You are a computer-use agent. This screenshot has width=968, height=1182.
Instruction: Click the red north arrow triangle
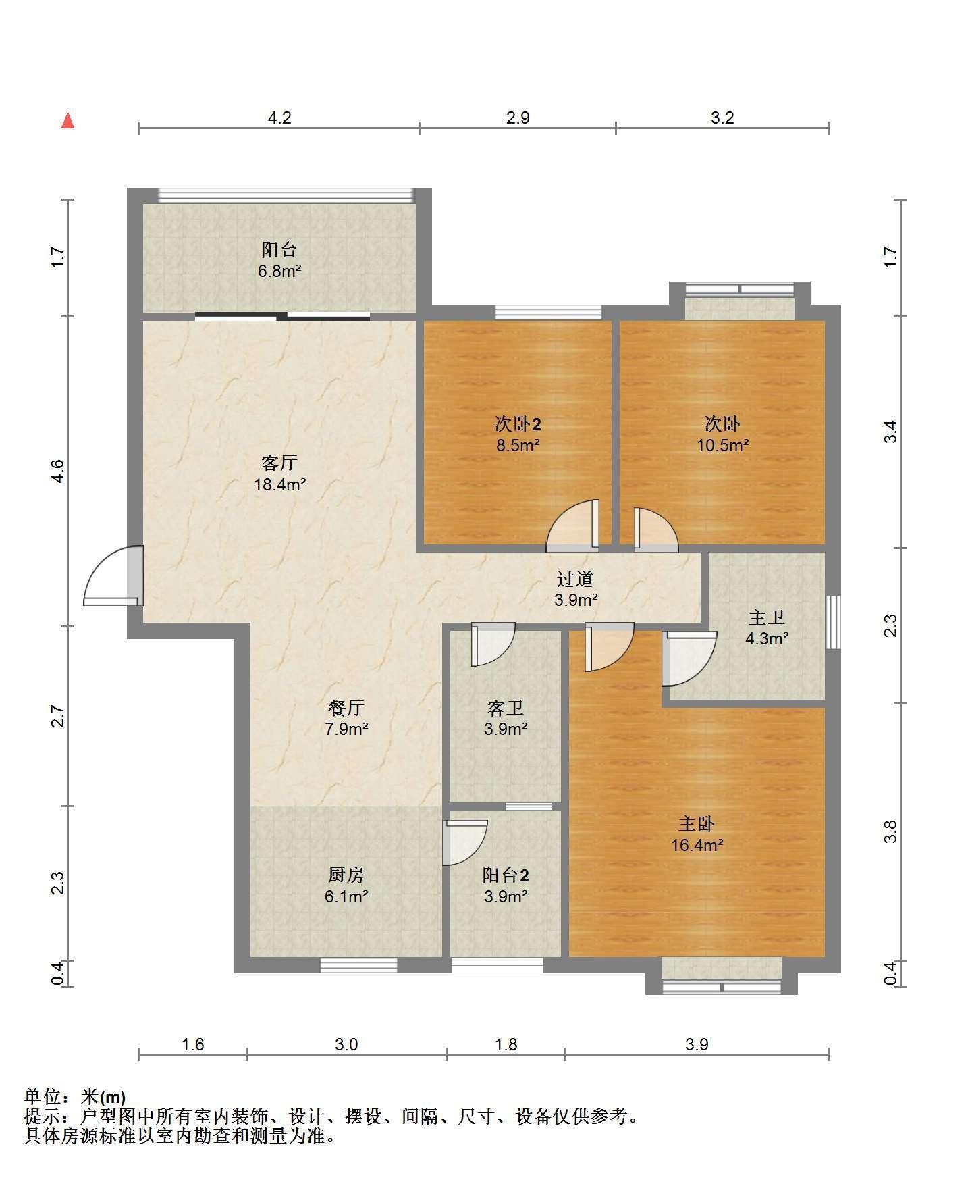pyautogui.click(x=68, y=120)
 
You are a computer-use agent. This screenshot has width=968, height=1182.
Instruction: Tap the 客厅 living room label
pyautogui.click(x=279, y=463)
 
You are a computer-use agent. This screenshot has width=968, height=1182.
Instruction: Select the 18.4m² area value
pyautogui.click(x=279, y=484)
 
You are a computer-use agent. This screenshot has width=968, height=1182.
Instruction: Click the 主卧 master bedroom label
pyautogui.click(x=697, y=824)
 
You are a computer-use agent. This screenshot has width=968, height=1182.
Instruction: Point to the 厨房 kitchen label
pyautogui.click(x=346, y=875)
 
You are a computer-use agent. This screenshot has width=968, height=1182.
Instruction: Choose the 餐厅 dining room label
pyautogui.click(x=346, y=708)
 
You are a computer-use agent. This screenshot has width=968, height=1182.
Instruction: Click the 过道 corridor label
pyautogui.click(x=575, y=579)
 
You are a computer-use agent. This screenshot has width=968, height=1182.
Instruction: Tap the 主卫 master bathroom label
pyautogui.click(x=767, y=617)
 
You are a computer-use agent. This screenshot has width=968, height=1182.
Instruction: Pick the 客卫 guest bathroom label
pyautogui.click(x=506, y=708)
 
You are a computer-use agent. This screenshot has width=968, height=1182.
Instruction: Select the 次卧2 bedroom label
pyautogui.click(x=518, y=424)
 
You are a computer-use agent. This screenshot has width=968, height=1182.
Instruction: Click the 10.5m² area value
pyautogui.click(x=723, y=445)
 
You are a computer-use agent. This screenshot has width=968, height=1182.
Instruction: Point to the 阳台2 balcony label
pyautogui.click(x=506, y=875)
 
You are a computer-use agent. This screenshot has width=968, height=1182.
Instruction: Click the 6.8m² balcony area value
pyautogui.click(x=279, y=271)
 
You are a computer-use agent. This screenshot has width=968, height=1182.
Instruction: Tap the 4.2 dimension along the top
pyautogui.click(x=279, y=118)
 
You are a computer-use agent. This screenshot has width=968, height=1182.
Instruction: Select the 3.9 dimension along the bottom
pyautogui.click(x=697, y=1044)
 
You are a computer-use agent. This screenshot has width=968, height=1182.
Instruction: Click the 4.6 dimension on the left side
pyautogui.click(x=58, y=470)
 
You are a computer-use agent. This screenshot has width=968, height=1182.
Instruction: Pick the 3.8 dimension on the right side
pyautogui.click(x=891, y=831)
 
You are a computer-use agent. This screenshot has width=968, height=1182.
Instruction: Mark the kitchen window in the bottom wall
pyautogui.click(x=358, y=966)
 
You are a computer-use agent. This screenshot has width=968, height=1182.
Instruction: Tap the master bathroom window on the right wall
pyautogui.click(x=834, y=621)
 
